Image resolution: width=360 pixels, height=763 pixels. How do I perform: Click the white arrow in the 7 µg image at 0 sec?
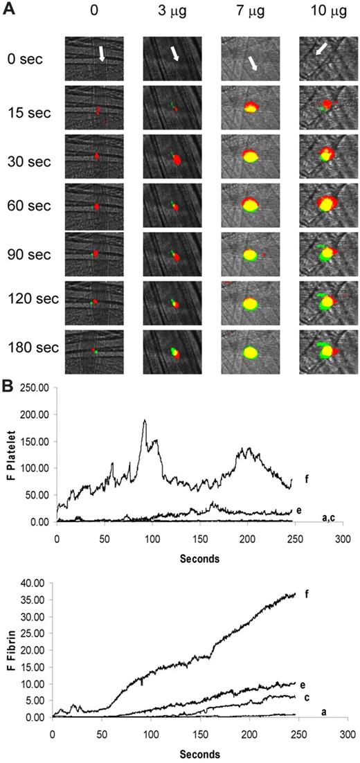[253, 63]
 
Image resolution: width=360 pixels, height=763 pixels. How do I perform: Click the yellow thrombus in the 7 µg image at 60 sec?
[251, 205]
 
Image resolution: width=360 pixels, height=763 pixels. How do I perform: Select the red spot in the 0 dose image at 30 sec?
[97, 156]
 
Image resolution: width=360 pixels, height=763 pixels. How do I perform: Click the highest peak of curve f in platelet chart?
[144, 420]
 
